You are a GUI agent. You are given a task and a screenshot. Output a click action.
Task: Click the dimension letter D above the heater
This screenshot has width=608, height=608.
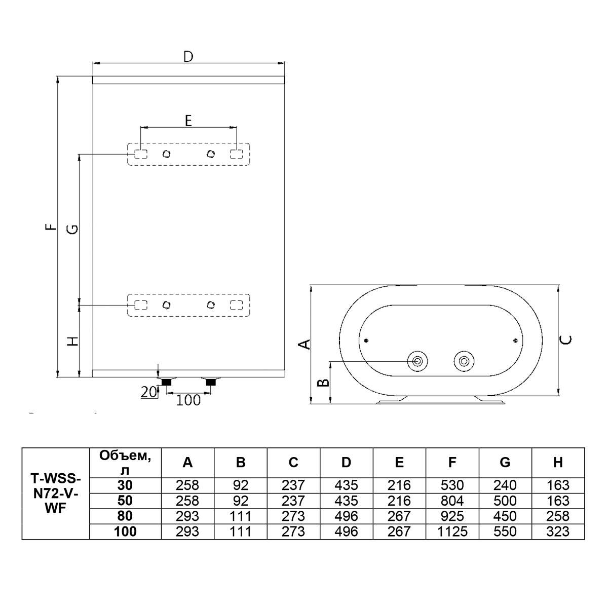pos(188,56)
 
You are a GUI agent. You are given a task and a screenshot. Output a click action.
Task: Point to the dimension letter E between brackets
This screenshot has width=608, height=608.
pos(188,121)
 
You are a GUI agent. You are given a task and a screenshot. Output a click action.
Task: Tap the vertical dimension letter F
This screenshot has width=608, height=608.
pos(51,226)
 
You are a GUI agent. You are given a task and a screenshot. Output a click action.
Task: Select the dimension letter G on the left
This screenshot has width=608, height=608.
pos(73,229)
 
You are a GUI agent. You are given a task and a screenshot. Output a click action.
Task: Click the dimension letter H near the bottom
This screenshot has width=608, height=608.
pos(73,341)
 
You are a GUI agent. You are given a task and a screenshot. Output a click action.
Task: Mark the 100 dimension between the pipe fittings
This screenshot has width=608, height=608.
pos(188,400)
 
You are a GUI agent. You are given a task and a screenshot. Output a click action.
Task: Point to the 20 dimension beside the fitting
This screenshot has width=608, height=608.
pos(148,392)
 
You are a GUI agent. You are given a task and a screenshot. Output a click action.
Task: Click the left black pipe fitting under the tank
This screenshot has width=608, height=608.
pos(166,382)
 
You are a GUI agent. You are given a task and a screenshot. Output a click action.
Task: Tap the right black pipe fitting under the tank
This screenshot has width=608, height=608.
pos(211,382)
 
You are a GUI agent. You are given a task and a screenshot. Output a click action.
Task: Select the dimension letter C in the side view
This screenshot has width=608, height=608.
pos(566,339)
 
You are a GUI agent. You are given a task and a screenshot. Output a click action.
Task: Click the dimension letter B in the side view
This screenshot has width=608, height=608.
pos(323,383)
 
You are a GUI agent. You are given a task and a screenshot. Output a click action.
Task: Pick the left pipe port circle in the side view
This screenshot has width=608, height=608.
pos(417,361)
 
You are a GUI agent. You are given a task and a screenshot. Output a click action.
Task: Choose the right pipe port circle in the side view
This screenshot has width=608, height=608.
pos(464,361)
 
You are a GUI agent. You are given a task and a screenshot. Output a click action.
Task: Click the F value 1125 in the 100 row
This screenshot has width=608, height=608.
pos(452,531)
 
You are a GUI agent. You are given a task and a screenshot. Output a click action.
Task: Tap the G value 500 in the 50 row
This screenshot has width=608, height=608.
pos(505,501)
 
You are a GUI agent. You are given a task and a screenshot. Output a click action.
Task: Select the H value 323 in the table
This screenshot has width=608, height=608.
pos(557,531)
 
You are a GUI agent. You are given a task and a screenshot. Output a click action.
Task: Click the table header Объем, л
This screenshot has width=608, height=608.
pos(125,463)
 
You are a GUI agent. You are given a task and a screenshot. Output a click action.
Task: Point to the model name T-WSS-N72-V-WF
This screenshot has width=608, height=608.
pos(56,493)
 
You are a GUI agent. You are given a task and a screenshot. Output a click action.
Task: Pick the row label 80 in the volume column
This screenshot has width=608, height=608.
pos(125,516)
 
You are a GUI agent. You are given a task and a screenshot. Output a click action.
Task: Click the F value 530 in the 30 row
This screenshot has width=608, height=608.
pos(452,485)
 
